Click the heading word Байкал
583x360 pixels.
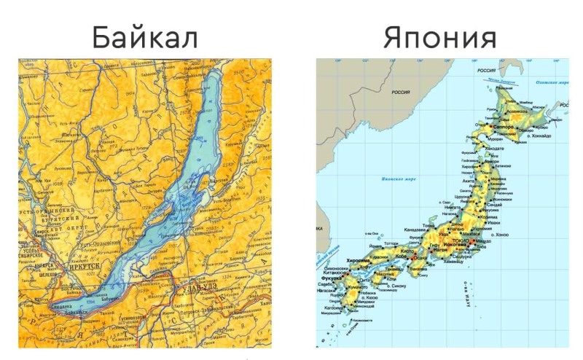pyautogui.click(x=144, y=37)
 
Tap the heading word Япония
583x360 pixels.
pyautogui.click(x=439, y=37)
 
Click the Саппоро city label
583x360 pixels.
pyautogui.click(x=504, y=127)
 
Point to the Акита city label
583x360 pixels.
pyautogui.click(x=468, y=179)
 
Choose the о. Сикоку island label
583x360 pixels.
pyautogui.click(x=393, y=286)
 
